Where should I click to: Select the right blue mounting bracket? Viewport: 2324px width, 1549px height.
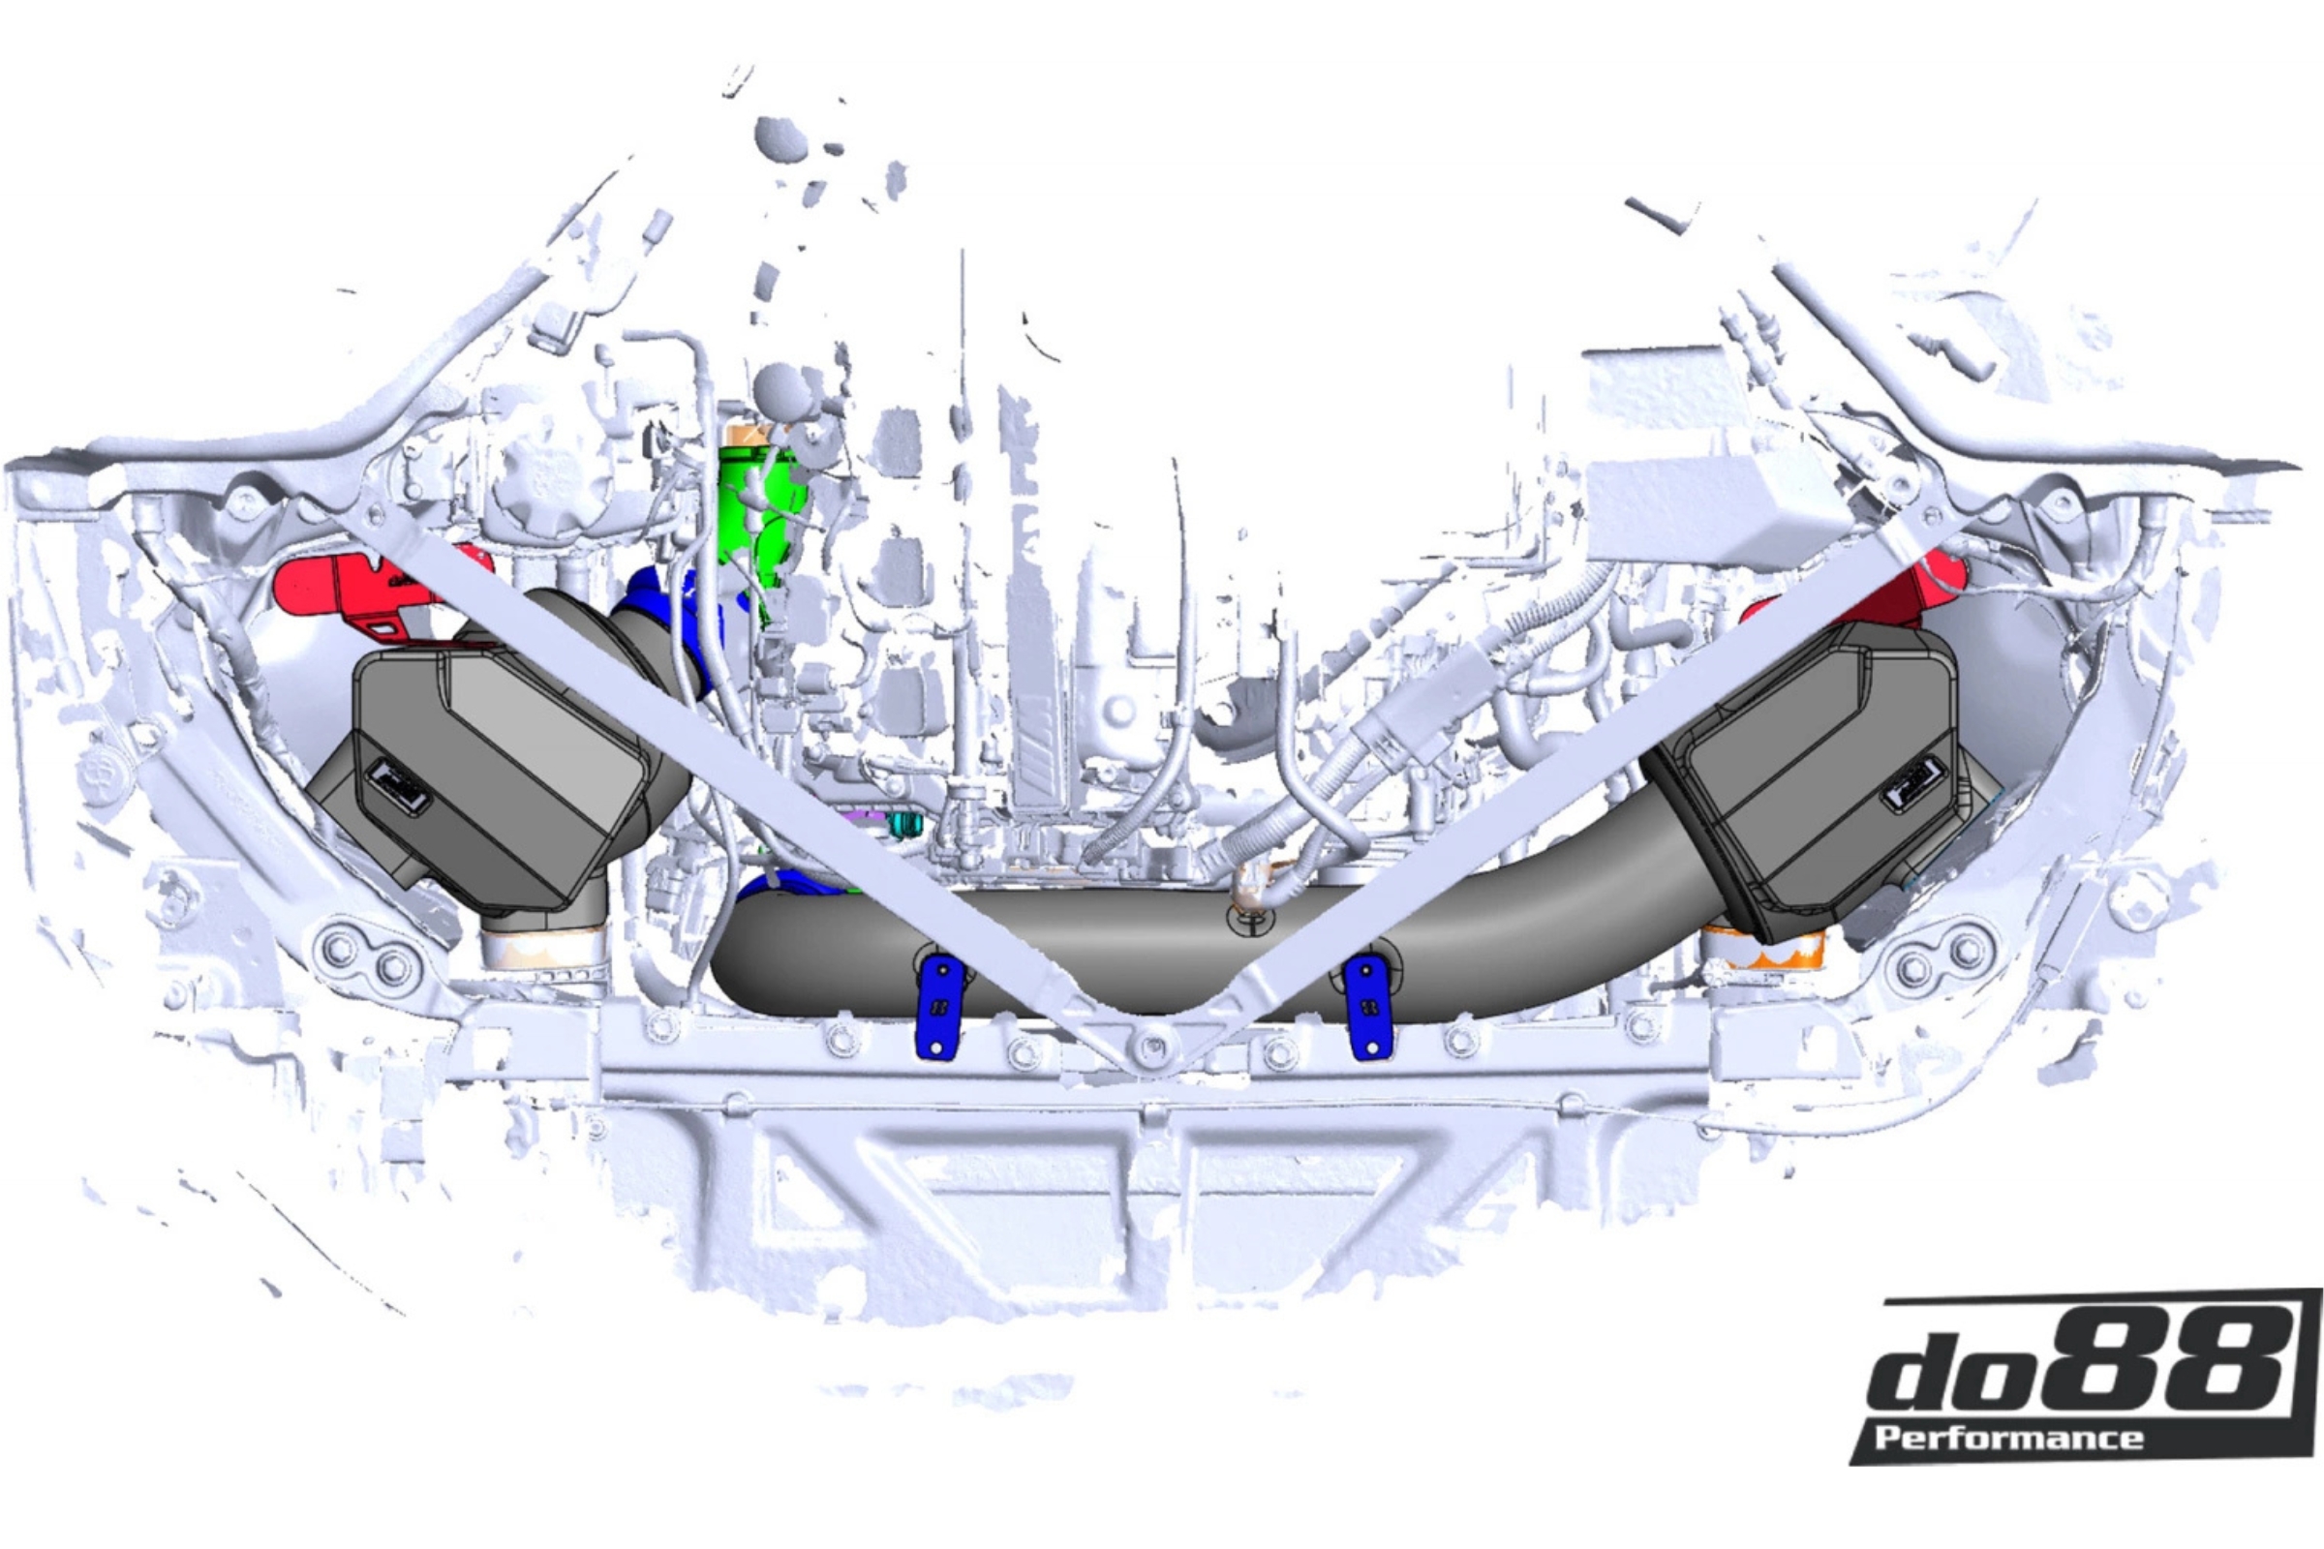click(1368, 1008)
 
